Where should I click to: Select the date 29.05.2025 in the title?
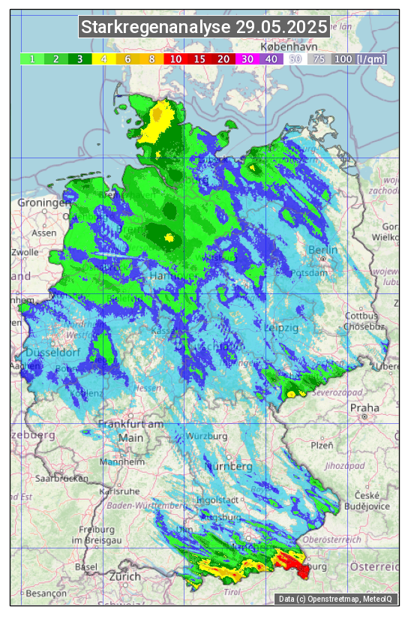[281, 28]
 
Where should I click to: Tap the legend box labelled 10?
[175, 59]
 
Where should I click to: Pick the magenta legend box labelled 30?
[246, 59]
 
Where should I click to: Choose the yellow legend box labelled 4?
[104, 59]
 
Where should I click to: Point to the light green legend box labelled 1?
[32, 59]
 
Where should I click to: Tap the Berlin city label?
[323, 250]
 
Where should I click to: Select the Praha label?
[364, 408]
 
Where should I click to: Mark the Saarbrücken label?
[62, 477]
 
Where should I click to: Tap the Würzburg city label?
[208, 436]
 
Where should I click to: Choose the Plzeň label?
[322, 445]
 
